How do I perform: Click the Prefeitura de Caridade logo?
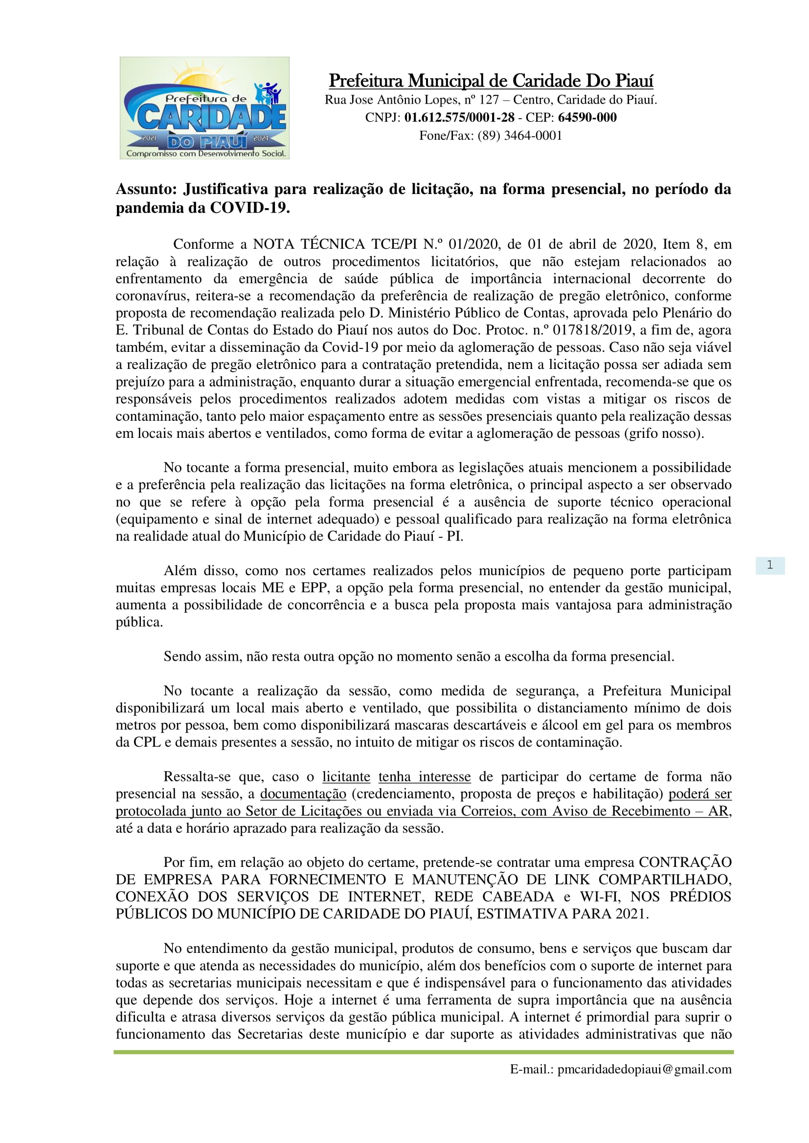click(x=204, y=108)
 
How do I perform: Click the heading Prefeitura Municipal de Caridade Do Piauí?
click(x=491, y=81)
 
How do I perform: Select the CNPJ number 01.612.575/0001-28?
click(x=459, y=117)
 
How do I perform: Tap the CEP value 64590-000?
click(x=587, y=117)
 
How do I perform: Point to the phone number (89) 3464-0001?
click(x=519, y=135)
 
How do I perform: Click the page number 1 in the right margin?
click(x=770, y=565)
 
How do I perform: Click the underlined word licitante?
click(x=346, y=776)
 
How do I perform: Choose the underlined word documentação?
click(x=303, y=794)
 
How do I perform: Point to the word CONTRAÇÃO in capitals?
click(x=685, y=862)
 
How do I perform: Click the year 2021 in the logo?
click(x=149, y=138)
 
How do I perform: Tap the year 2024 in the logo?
click(x=261, y=138)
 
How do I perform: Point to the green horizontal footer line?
click(x=424, y=1052)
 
